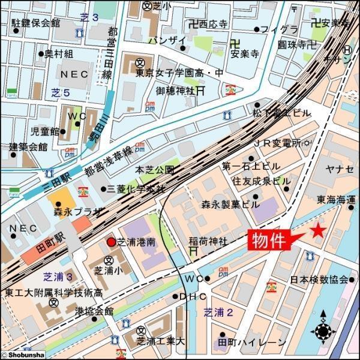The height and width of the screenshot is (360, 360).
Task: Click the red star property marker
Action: (317, 230)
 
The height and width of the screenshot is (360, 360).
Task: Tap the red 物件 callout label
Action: (268, 241)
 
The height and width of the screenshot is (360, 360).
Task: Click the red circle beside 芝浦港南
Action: (110, 242)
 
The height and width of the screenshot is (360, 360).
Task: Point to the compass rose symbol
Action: (323, 329)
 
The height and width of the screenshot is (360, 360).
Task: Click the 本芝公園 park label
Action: (154, 170)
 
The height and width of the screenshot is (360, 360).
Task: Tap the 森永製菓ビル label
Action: (230, 204)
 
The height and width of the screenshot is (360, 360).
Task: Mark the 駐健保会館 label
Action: (36, 23)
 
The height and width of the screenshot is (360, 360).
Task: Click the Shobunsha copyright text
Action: (22, 355)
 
